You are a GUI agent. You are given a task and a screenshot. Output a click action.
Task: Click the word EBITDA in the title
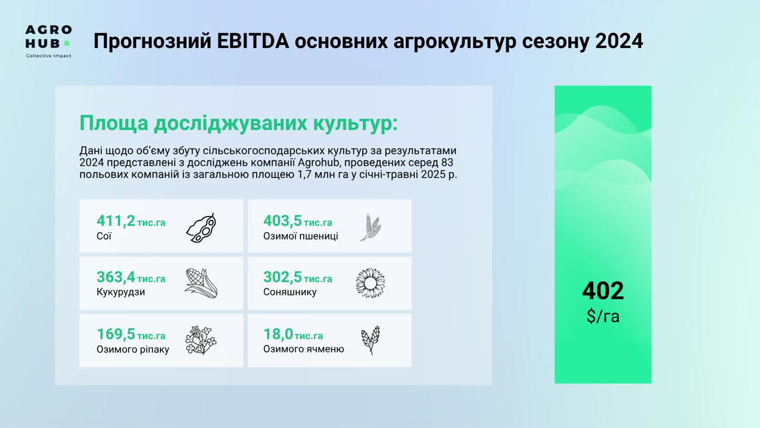click(253, 41)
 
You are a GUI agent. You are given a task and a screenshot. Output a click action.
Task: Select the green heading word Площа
click(113, 122)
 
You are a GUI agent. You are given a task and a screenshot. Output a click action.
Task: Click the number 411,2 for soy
click(116, 221)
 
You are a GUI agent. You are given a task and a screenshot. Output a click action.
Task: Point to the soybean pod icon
click(201, 228)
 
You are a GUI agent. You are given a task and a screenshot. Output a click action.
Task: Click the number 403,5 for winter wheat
click(282, 221)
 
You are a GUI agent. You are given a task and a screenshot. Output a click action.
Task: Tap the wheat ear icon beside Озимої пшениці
click(370, 227)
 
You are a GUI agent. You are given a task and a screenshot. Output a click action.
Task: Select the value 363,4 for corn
click(116, 277)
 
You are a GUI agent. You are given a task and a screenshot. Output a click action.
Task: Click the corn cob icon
click(201, 284)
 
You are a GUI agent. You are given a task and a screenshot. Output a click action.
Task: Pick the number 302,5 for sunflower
click(282, 277)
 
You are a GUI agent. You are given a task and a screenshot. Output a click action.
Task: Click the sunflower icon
click(370, 284)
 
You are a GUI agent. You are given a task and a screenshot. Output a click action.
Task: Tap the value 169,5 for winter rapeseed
click(116, 334)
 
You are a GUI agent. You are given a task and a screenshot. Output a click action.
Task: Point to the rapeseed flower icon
click(201, 341)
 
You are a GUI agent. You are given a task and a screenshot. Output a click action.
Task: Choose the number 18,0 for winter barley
click(278, 334)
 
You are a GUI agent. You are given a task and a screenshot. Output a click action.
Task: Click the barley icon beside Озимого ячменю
click(370, 341)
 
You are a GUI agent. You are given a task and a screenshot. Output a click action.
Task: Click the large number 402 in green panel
click(603, 291)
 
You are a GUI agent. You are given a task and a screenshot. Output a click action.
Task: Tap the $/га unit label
click(603, 316)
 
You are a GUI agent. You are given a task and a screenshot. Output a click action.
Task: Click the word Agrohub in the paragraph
click(319, 162)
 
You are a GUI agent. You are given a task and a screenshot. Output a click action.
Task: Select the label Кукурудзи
click(121, 292)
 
